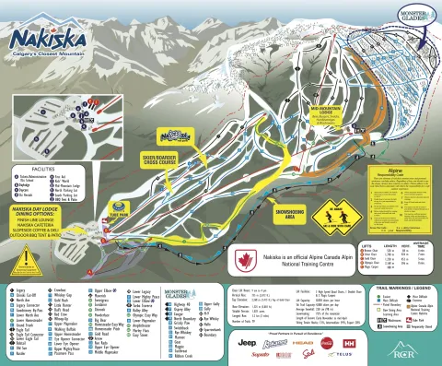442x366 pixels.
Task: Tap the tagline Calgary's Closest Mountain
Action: pos(48,55)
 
